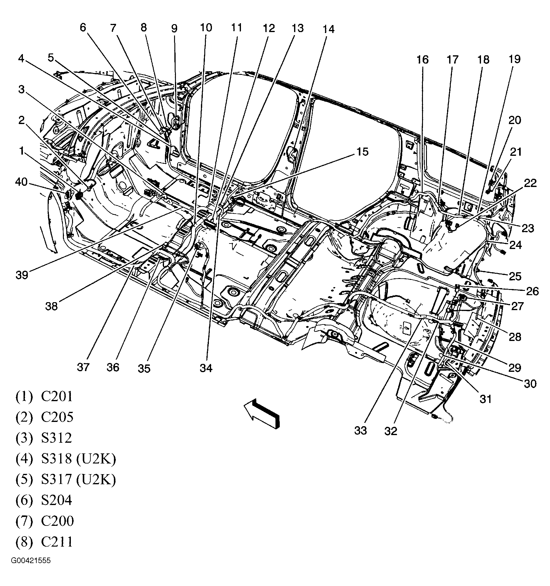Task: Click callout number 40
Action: click(21, 182)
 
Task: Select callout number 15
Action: click(362, 152)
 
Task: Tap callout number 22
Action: click(530, 183)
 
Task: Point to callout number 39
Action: click(22, 275)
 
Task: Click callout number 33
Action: click(360, 431)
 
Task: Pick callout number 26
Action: click(532, 291)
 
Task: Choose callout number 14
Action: click(329, 29)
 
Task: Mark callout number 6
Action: click(83, 27)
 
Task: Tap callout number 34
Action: click(206, 368)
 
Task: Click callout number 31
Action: click(486, 399)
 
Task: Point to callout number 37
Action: click(83, 367)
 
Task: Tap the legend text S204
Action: click(56, 500)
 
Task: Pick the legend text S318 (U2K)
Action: click(78, 459)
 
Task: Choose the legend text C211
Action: click(57, 542)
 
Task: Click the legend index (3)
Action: click(24, 438)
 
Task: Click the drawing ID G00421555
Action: click(31, 569)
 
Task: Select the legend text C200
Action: click(57, 521)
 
